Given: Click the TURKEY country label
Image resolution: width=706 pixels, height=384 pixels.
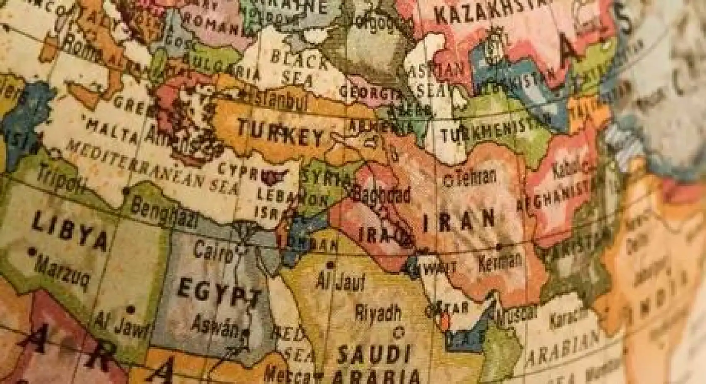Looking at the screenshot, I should tap(280, 132).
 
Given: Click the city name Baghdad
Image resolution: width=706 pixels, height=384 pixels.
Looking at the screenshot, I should tap(382, 195).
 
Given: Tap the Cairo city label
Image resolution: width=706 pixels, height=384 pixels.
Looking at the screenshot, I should tap(213, 251).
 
